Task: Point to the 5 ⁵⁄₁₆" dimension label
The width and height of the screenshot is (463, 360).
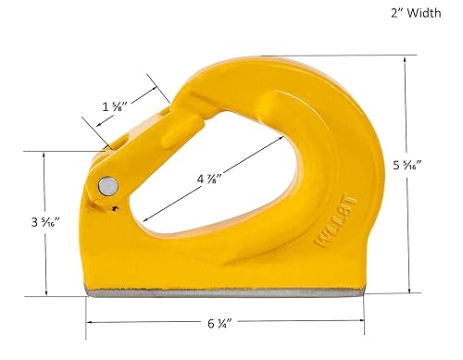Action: point(432,166)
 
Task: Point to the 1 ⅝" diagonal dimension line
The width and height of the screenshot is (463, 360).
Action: point(139,117)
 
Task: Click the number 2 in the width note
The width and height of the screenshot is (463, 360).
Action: point(382,14)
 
